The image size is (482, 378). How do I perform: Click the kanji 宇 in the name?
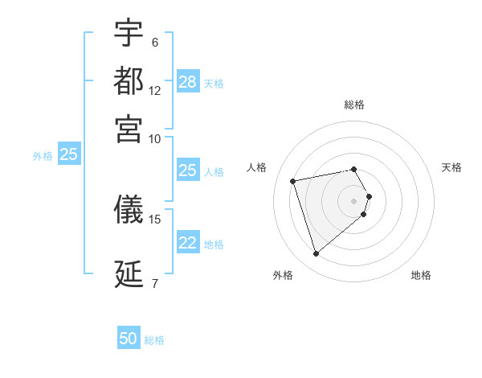[x=129, y=35]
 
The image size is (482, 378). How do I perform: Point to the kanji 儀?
[x=129, y=209]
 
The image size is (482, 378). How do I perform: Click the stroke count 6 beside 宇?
[x=155, y=43]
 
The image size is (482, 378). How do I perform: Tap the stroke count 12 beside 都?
[x=155, y=91]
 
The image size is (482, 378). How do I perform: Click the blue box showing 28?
[x=188, y=82]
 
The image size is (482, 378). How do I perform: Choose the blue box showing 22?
[x=188, y=243]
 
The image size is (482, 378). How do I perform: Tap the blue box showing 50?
[x=129, y=339]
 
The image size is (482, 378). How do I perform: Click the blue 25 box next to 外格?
[x=68, y=155]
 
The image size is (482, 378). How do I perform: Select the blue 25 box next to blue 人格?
[x=188, y=171]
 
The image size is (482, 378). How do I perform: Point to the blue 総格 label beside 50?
[x=154, y=340]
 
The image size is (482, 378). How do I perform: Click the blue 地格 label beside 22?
[x=214, y=244]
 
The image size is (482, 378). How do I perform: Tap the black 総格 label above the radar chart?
[x=354, y=105]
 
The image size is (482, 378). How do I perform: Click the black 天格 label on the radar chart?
[x=452, y=167]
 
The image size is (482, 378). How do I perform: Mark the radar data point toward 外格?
[x=317, y=254]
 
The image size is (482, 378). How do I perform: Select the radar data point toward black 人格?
[x=293, y=180]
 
